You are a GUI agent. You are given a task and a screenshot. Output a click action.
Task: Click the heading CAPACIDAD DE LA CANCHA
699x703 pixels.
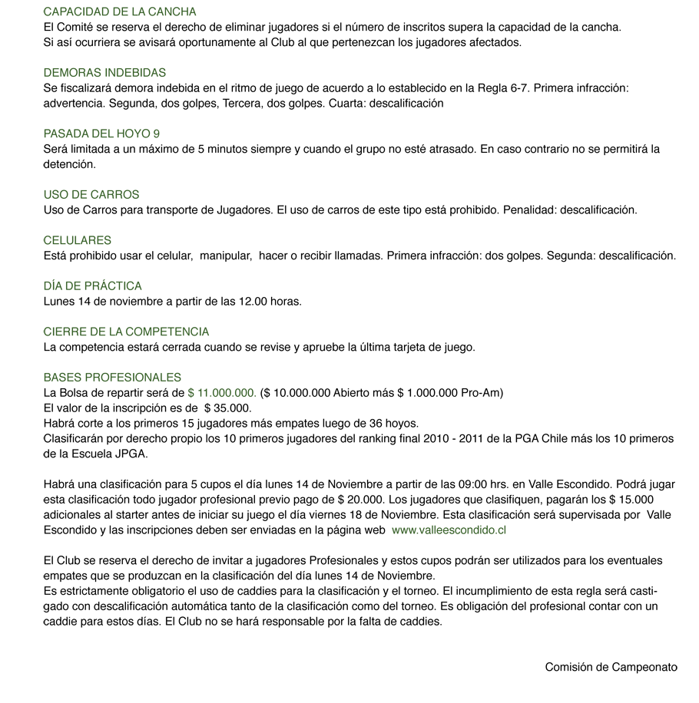click(x=120, y=12)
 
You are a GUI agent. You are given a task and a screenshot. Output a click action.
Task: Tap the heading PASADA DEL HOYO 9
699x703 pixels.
click(x=101, y=134)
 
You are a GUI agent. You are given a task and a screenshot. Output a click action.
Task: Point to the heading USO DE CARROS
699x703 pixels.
click(x=91, y=195)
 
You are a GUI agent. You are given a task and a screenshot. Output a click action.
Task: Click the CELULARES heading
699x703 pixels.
click(x=78, y=240)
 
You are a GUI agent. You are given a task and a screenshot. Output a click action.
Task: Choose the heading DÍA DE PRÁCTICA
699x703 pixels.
click(x=93, y=286)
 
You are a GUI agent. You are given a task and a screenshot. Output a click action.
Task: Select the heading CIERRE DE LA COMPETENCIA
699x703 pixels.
click(x=126, y=332)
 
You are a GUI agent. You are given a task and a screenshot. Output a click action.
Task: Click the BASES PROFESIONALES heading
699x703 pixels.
click(x=112, y=378)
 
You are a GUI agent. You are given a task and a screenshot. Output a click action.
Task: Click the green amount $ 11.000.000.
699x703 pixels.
click(x=222, y=393)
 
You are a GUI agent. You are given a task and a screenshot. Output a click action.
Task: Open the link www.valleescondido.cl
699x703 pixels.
click(x=449, y=530)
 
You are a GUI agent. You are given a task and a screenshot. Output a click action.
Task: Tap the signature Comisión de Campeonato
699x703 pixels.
click(x=611, y=667)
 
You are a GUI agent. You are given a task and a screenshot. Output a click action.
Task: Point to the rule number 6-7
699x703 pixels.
click(x=518, y=88)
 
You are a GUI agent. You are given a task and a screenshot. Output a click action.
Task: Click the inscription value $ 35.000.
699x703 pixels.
click(x=228, y=408)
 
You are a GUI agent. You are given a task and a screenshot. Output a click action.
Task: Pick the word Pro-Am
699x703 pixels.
click(x=484, y=393)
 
